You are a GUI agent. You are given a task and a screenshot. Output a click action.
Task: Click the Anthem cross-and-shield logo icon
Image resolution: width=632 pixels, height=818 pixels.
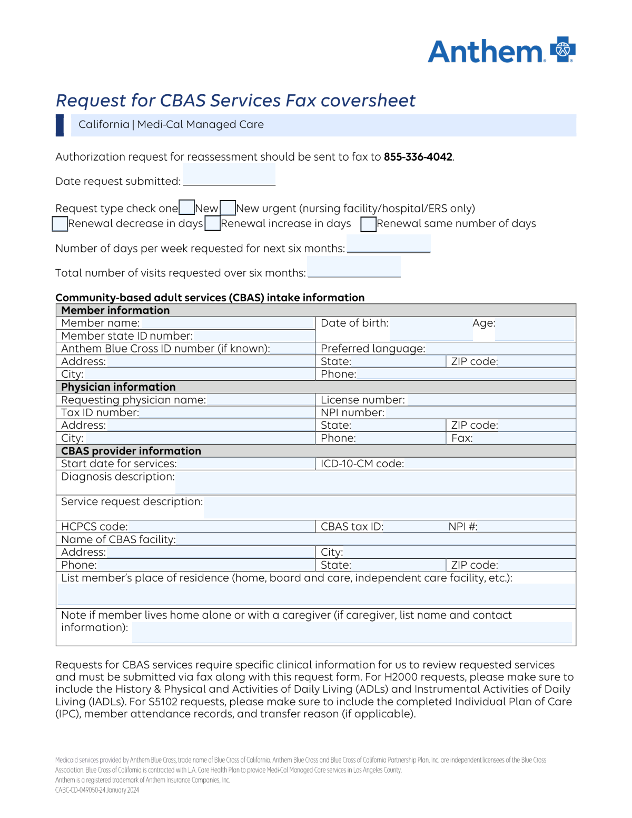pyautogui.click(x=562, y=50)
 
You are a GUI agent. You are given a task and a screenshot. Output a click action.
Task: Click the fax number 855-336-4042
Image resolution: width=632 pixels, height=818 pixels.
pyautogui.click(x=418, y=157)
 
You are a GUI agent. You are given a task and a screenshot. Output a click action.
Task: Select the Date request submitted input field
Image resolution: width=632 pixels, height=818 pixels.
pyautogui.click(x=229, y=175)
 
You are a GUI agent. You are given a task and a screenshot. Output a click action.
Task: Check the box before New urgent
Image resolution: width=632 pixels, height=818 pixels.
pyautogui.click(x=228, y=208)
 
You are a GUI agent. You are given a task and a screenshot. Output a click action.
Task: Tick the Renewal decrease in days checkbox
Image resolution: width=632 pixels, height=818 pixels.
pyautogui.click(x=60, y=224)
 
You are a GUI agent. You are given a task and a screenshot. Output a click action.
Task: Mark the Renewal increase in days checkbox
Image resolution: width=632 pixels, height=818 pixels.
pyautogui.click(x=212, y=223)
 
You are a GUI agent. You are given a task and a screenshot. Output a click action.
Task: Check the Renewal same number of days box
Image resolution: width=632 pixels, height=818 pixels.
pyautogui.click(x=368, y=224)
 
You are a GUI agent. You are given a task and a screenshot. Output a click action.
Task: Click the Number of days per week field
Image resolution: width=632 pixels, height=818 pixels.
pyautogui.click(x=389, y=244)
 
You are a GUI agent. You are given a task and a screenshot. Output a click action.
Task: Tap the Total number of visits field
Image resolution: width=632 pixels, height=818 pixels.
pyautogui.click(x=354, y=268)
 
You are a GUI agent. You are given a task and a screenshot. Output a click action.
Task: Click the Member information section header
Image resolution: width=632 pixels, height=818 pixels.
pyautogui.click(x=115, y=310)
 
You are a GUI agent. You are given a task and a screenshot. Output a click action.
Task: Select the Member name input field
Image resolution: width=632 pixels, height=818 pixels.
pyautogui.click(x=228, y=323)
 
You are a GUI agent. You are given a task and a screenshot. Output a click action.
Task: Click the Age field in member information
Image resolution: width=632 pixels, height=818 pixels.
pyautogui.click(x=534, y=329)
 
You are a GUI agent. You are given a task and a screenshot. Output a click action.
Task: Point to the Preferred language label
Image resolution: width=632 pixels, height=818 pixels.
pyautogui.click(x=373, y=349)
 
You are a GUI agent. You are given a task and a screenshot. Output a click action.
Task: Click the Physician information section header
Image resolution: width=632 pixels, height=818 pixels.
pyautogui.click(x=118, y=387)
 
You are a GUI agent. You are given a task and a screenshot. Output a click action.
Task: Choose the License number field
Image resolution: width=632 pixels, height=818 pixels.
pyautogui.click(x=491, y=400)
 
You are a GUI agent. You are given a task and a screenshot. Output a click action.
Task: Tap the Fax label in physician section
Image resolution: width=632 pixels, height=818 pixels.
pyautogui.click(x=462, y=438)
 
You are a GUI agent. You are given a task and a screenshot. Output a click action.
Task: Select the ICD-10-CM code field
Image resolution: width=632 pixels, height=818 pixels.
pyautogui.click(x=489, y=464)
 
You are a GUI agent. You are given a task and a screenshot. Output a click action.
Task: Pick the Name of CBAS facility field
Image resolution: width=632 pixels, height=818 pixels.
pyautogui.click(x=375, y=539)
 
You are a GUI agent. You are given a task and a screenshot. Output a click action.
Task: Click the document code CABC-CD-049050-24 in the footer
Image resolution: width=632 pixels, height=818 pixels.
pyautogui.click(x=81, y=790)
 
